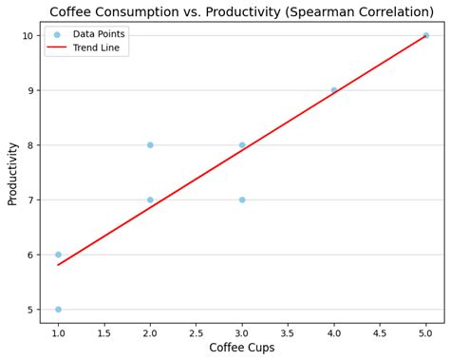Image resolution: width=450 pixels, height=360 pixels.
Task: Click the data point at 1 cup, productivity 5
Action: [58, 310]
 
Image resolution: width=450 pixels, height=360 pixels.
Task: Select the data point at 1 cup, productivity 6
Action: [58, 255]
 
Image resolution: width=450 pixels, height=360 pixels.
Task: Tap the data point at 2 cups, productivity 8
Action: [150, 145]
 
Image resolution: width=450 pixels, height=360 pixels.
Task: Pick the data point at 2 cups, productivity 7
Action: [150, 199]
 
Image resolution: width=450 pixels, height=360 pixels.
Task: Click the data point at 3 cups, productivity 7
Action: [242, 199]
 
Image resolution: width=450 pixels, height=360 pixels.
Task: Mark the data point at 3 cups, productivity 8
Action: [242, 145]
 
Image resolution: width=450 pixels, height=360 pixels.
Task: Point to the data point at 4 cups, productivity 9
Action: [334, 90]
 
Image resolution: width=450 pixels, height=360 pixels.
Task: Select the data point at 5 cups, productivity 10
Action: [425, 35]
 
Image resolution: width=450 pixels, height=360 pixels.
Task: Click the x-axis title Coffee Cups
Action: [242, 348]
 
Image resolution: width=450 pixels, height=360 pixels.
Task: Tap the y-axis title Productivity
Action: [13, 174]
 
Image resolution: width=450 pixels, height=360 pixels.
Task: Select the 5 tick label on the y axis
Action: [30, 310]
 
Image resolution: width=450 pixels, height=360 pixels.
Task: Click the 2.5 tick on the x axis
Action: [196, 332]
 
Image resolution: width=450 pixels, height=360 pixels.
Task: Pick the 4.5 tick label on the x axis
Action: [380, 332]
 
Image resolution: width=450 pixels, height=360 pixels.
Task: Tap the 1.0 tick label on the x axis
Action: [58, 332]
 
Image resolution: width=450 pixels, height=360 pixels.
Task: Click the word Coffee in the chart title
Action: [73, 12]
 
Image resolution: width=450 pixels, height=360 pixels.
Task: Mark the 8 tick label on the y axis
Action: [30, 145]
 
